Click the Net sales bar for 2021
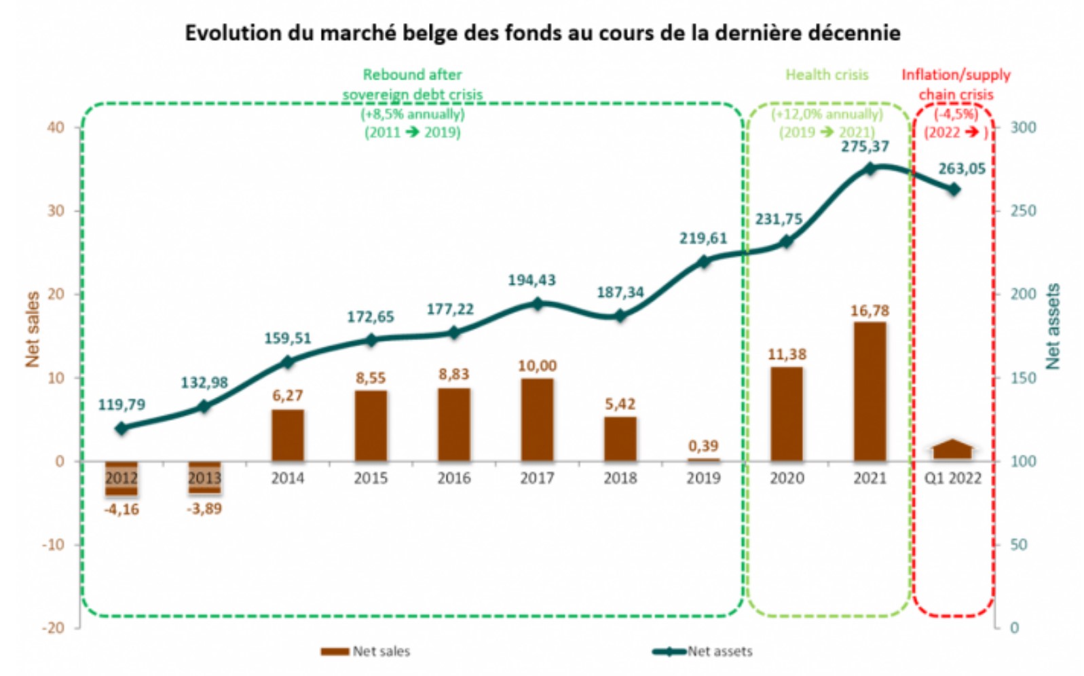point(870,392)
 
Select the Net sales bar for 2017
point(537,419)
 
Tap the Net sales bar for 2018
point(620,438)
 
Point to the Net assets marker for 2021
point(871,169)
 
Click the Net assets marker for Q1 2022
point(954,189)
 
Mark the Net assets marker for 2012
point(122,428)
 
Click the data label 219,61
point(703,238)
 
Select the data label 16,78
point(870,311)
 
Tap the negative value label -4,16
point(122,509)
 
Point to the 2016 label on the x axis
point(453,478)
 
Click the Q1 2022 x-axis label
point(953,478)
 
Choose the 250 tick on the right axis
point(1023,211)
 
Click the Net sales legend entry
point(366,652)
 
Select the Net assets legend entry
point(703,652)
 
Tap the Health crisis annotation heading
point(827,75)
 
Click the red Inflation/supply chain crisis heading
point(956,84)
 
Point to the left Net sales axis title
point(32,329)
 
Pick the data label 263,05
point(961,169)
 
